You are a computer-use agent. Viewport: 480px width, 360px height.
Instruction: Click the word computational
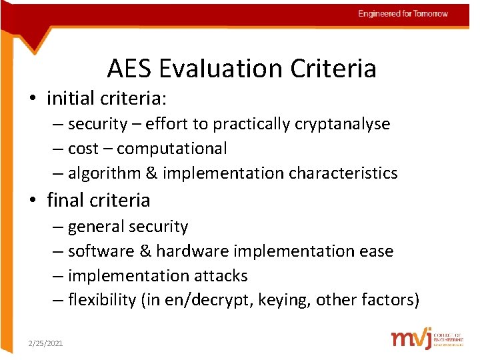[172, 149]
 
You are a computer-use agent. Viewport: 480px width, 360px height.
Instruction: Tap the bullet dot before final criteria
[32, 201]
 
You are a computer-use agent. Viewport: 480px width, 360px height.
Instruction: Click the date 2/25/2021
[45, 343]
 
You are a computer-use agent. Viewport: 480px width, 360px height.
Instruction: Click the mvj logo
[411, 338]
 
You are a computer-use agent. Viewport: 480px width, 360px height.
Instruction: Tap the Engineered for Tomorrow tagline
[403, 13]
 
